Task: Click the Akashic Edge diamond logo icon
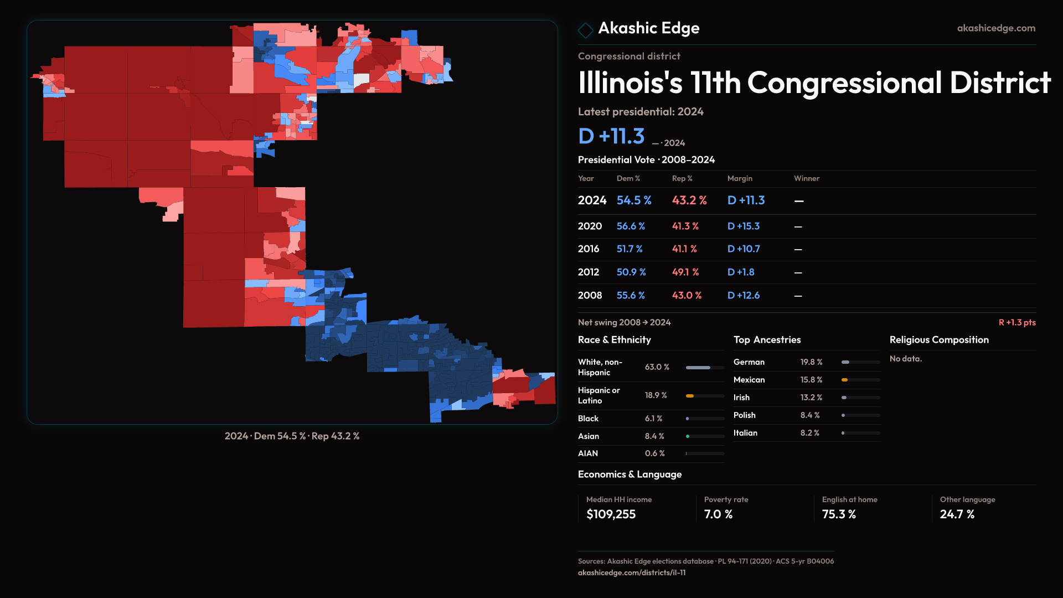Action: pos(585,30)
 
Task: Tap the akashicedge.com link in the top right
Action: pos(996,28)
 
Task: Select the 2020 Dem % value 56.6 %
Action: pos(631,226)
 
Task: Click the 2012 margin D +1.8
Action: pos(740,272)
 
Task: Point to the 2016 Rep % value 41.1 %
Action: pos(684,249)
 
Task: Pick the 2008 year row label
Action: pos(590,296)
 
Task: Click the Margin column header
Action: pos(740,178)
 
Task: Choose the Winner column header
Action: pos(806,178)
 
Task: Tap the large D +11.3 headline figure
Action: pos(611,136)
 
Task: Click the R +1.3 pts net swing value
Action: pos(1017,322)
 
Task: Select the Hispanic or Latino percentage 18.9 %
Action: pos(656,395)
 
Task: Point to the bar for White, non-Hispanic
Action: pos(705,368)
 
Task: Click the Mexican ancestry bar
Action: pos(860,380)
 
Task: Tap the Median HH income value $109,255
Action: pos(611,514)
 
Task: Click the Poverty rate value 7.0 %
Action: pos(718,514)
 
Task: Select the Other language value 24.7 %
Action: pos(957,514)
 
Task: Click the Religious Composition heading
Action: pos(939,340)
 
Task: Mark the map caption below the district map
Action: pos(292,436)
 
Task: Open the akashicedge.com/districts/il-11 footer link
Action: pos(632,573)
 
